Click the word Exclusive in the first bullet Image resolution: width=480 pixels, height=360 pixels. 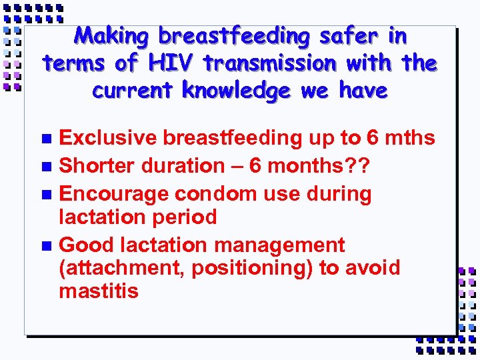(107, 138)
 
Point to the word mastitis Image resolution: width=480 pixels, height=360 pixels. (99, 291)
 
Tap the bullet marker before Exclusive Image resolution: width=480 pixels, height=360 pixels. (46, 139)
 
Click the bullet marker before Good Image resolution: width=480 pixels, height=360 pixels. (46, 245)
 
